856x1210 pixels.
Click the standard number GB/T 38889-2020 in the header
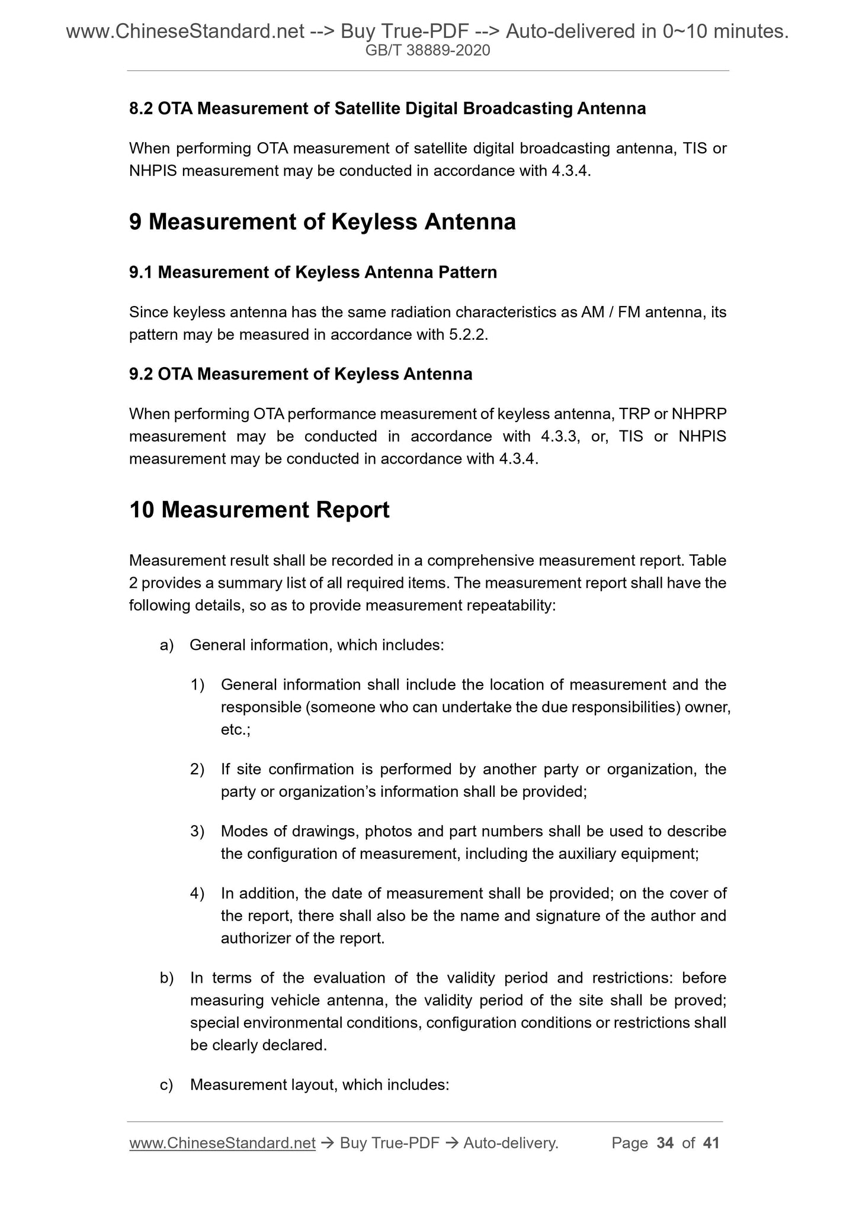coord(428,51)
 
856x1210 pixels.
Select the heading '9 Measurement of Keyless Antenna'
coord(322,222)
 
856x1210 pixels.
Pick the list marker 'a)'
coord(166,645)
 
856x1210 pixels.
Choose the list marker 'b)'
coord(166,978)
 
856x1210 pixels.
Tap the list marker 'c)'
coord(166,1085)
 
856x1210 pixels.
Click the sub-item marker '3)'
coord(197,831)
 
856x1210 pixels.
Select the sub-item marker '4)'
coord(197,893)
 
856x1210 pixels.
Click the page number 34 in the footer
coord(665,1143)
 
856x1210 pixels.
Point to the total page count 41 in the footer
coord(711,1143)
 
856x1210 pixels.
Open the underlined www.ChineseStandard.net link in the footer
coord(222,1144)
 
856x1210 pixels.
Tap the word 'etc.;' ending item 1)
coord(236,730)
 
